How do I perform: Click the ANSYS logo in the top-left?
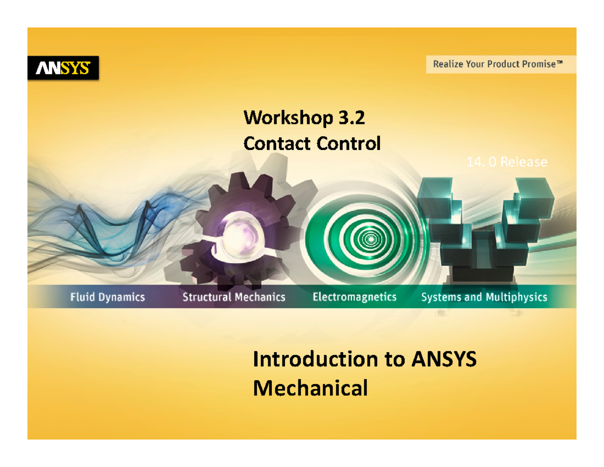point(63,68)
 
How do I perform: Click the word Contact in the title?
point(277,144)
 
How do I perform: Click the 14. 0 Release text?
point(506,162)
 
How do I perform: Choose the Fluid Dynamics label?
point(107,297)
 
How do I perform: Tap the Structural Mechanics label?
point(234,297)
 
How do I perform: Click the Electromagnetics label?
point(354,297)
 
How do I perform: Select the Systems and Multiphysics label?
point(484,297)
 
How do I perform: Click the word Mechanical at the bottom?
point(310,388)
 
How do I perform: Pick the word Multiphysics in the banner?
point(515,297)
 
